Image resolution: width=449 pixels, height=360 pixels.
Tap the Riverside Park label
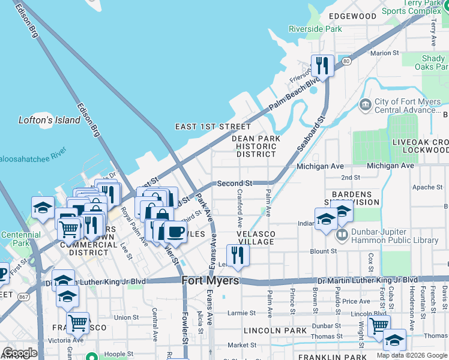click(315, 28)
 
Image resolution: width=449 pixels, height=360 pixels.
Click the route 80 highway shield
click(346, 61)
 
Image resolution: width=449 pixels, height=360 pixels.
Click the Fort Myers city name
click(210, 281)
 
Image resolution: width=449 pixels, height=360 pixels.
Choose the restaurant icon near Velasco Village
click(238, 254)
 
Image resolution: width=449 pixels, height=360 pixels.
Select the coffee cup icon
click(175, 232)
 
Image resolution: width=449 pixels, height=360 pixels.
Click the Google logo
click(20, 353)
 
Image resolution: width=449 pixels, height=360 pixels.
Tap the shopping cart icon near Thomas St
click(379, 326)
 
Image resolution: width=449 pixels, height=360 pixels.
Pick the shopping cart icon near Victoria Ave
click(77, 323)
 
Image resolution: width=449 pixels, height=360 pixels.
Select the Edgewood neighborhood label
click(352, 16)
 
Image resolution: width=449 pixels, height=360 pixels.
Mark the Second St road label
click(234, 183)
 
